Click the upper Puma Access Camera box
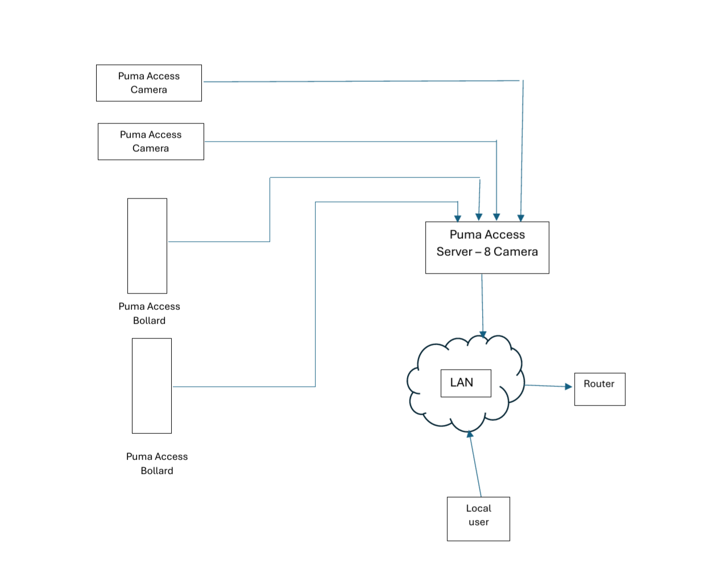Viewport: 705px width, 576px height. [149, 83]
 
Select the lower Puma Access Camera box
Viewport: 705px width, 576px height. [151, 142]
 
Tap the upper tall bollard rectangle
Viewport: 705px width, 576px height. [147, 246]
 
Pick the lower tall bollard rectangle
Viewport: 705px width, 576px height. [152, 386]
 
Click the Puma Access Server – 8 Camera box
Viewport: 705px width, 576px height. [487, 247]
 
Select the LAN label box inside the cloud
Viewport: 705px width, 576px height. [466, 383]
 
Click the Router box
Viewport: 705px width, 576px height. [600, 389]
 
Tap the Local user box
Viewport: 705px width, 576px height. [478, 519]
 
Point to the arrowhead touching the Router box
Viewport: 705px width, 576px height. [568, 387]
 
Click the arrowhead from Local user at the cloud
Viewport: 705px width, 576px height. [470, 434]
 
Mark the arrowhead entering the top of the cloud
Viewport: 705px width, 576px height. [483, 334]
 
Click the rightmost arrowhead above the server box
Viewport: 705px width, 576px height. [521, 218]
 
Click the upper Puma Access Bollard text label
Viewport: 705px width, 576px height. [149, 313]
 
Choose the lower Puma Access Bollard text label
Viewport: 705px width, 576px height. [157, 463]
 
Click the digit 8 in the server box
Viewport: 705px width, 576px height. [487, 252]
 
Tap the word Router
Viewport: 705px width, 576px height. [599, 384]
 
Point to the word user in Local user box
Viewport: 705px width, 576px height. [479, 522]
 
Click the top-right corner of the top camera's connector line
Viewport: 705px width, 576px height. [522, 81]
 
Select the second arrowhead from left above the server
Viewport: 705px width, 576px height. [479, 217]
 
